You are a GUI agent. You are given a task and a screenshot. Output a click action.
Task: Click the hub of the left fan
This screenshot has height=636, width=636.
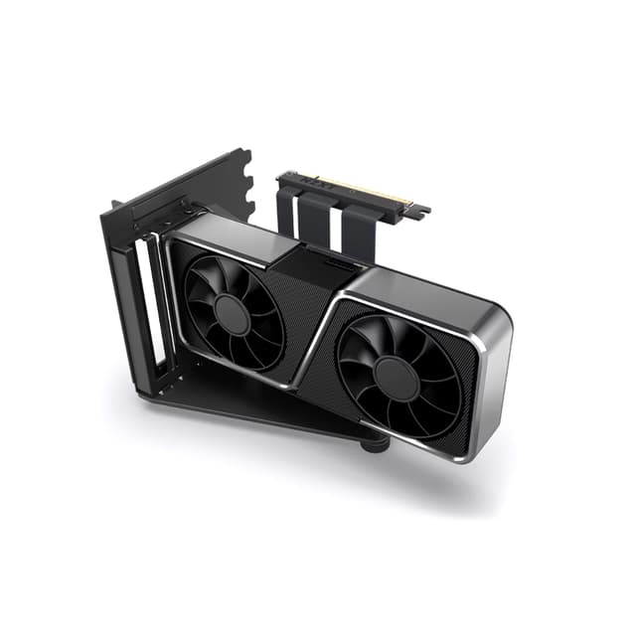231,314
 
